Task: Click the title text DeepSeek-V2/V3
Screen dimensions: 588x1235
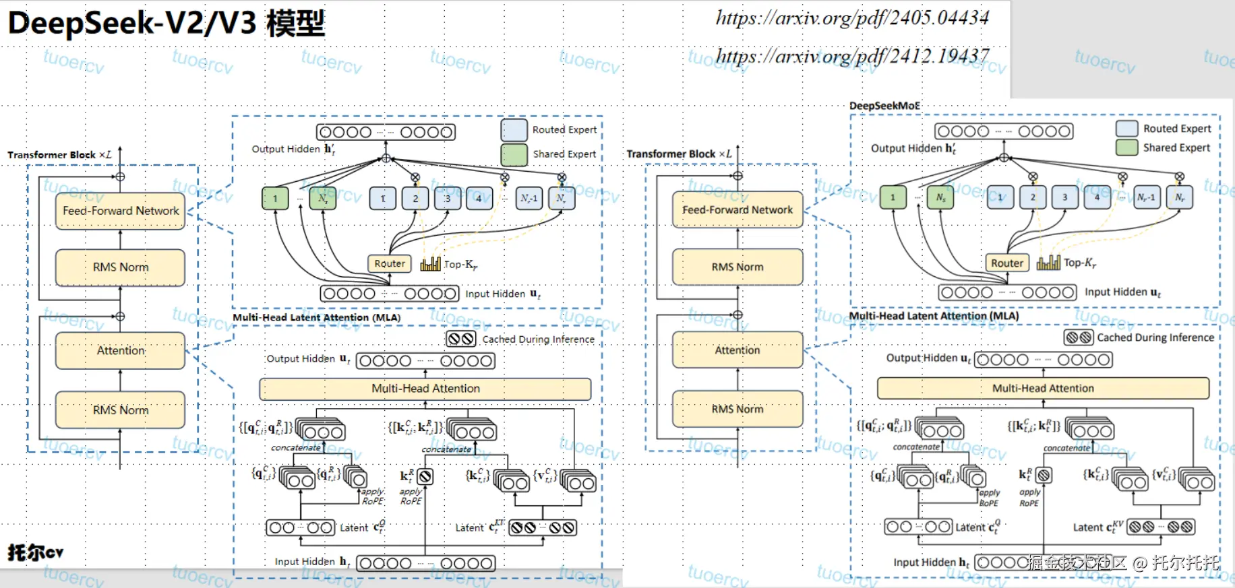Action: (132, 23)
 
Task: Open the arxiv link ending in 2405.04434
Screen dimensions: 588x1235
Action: (852, 18)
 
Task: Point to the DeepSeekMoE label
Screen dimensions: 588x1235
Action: (884, 106)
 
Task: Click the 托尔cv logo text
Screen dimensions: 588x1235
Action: (36, 552)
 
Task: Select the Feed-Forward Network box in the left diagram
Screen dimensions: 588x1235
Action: (121, 211)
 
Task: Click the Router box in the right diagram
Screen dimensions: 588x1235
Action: (1007, 263)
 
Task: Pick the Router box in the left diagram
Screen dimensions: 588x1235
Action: (390, 263)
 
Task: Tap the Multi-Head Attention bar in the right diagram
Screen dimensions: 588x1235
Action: (1043, 388)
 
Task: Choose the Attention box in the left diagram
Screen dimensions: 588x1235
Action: (121, 350)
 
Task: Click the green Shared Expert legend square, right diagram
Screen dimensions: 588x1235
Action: (1126, 148)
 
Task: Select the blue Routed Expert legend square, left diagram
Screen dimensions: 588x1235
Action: (514, 129)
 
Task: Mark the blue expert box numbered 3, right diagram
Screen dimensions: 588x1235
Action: (1065, 197)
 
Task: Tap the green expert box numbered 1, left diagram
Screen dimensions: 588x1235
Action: (275, 199)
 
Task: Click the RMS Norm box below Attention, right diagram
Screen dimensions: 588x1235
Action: (737, 409)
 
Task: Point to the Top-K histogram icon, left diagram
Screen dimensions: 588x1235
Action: (430, 263)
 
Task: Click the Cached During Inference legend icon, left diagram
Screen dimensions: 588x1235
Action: (461, 339)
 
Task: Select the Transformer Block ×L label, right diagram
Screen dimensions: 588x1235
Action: (679, 154)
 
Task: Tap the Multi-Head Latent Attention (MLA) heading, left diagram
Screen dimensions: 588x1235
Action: (317, 317)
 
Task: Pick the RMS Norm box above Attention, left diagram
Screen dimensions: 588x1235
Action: (121, 267)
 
